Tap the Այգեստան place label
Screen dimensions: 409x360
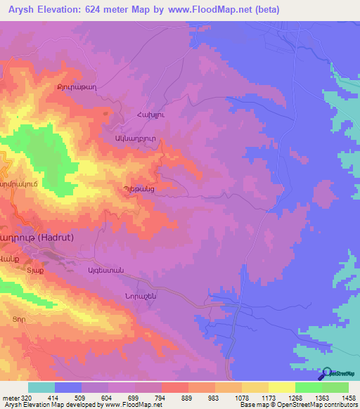105,271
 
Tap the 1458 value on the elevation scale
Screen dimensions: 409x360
349,397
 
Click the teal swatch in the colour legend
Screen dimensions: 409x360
41,387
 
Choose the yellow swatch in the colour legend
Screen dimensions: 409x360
282,387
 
